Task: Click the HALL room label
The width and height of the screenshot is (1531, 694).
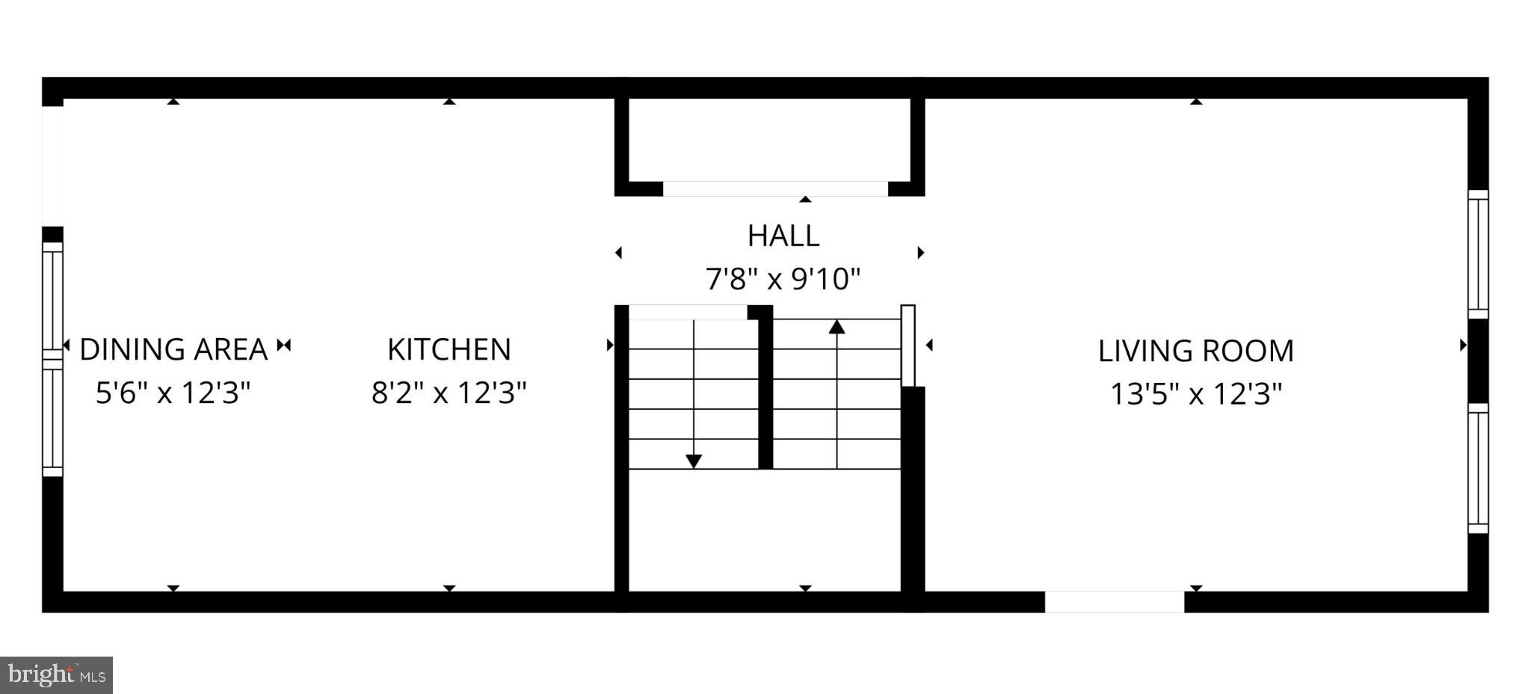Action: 783,236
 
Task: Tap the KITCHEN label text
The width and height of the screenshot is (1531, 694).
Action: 449,349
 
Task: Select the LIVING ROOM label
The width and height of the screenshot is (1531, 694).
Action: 1195,351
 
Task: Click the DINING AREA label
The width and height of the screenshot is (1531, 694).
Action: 173,349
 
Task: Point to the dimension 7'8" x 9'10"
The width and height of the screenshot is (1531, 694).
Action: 783,280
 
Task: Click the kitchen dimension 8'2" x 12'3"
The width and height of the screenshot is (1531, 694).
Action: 449,392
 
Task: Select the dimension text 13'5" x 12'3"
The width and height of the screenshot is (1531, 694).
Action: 1195,393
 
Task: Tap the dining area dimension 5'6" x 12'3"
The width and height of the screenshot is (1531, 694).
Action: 173,392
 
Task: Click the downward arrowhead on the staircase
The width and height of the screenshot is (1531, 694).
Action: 694,461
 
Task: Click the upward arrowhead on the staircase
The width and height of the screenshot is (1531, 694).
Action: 837,327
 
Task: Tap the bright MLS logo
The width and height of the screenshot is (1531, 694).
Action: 57,675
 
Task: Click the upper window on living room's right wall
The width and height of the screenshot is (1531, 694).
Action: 1478,254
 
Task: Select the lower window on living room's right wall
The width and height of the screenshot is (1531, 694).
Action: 1478,468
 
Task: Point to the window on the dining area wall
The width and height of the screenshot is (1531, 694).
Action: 52,359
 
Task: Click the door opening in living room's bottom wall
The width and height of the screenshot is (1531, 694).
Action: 1114,602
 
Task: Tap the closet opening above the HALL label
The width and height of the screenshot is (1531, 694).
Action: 775,188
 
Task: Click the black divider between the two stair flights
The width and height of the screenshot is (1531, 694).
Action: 765,389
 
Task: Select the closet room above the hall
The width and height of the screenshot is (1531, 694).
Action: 769,139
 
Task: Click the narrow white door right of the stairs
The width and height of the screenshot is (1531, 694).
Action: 908,346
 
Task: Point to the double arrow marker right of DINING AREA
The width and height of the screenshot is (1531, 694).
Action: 284,346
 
